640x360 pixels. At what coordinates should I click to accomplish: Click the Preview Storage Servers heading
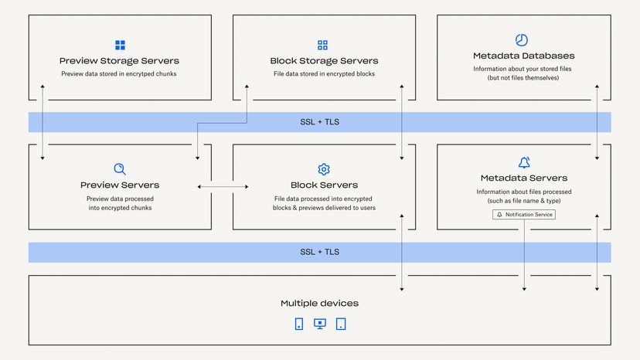click(x=120, y=61)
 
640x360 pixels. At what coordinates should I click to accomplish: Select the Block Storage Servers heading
click(x=324, y=61)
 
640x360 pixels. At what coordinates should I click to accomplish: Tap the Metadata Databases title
click(x=523, y=56)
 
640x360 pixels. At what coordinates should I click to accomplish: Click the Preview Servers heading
click(x=120, y=185)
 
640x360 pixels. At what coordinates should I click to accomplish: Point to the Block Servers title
click(x=324, y=185)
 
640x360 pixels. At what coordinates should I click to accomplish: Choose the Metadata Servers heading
click(x=523, y=178)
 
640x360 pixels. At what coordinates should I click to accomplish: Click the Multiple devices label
click(x=319, y=304)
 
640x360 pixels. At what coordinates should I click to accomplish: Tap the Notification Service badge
click(x=524, y=215)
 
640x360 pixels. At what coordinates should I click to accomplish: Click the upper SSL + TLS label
click(x=319, y=122)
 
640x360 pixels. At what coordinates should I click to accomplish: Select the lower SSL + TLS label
click(x=319, y=252)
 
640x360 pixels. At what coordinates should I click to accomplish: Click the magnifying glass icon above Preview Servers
click(x=120, y=169)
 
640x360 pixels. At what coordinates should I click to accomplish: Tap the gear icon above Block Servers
click(x=324, y=169)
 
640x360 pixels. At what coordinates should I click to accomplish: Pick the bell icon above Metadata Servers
click(x=524, y=162)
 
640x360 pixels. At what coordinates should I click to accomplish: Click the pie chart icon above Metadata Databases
click(x=522, y=39)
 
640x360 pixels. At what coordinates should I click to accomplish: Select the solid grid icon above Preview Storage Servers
click(x=120, y=46)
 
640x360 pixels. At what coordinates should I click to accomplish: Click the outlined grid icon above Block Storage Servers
click(x=323, y=46)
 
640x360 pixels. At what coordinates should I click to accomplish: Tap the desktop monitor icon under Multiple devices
click(x=320, y=324)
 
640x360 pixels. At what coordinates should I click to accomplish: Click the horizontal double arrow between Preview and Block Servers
click(x=223, y=186)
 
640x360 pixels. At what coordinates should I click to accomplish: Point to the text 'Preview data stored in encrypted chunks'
click(x=120, y=74)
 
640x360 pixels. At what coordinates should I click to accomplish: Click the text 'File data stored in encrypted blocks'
click(x=324, y=74)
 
